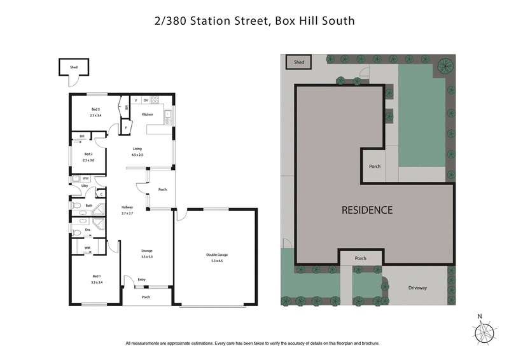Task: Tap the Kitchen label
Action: (148, 114)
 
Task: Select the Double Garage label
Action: (216, 255)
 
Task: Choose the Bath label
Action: (89, 205)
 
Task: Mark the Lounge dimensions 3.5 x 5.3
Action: (147, 256)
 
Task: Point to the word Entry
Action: (141, 279)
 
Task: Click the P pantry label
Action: (127, 127)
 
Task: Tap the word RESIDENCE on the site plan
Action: (367, 210)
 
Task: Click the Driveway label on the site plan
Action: (417, 288)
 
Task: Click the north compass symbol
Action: (483, 331)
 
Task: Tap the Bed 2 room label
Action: (88, 155)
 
